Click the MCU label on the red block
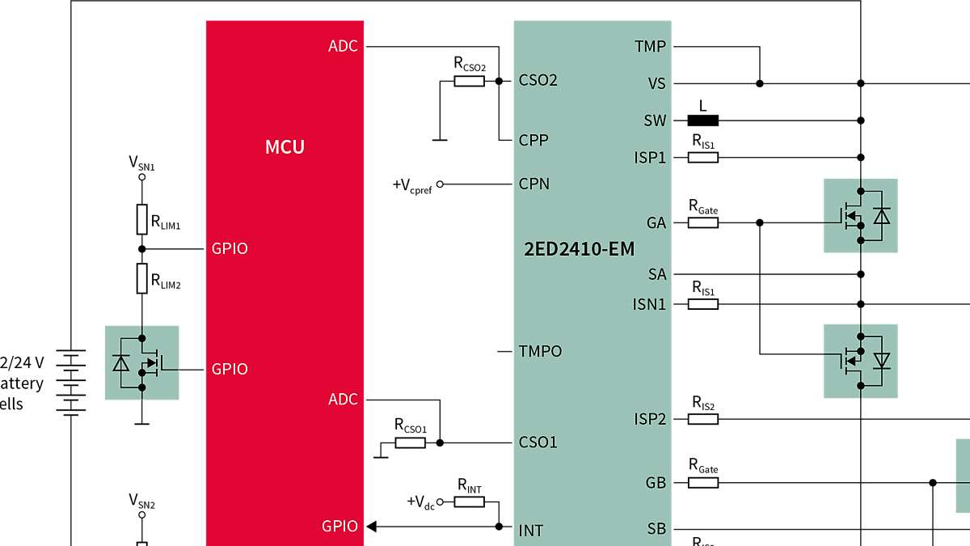[x=285, y=147]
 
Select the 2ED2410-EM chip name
[x=579, y=248]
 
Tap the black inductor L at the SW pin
[x=702, y=121]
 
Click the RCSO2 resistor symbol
[x=469, y=81]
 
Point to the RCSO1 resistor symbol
[x=410, y=442]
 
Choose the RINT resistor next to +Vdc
[x=469, y=502]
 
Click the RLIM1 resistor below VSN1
[x=141, y=218]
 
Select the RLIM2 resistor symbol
[x=141, y=277]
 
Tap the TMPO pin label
[x=540, y=351]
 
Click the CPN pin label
[x=533, y=184]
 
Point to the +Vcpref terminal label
[x=412, y=185]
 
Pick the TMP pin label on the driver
[x=651, y=46]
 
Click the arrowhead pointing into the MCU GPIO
[x=372, y=527]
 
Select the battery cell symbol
[x=72, y=383]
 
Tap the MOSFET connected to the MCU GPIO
[x=142, y=362]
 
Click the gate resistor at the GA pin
[x=702, y=222]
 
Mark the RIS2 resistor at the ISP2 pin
[x=702, y=419]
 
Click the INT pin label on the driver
[x=530, y=531]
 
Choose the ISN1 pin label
[x=649, y=304]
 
